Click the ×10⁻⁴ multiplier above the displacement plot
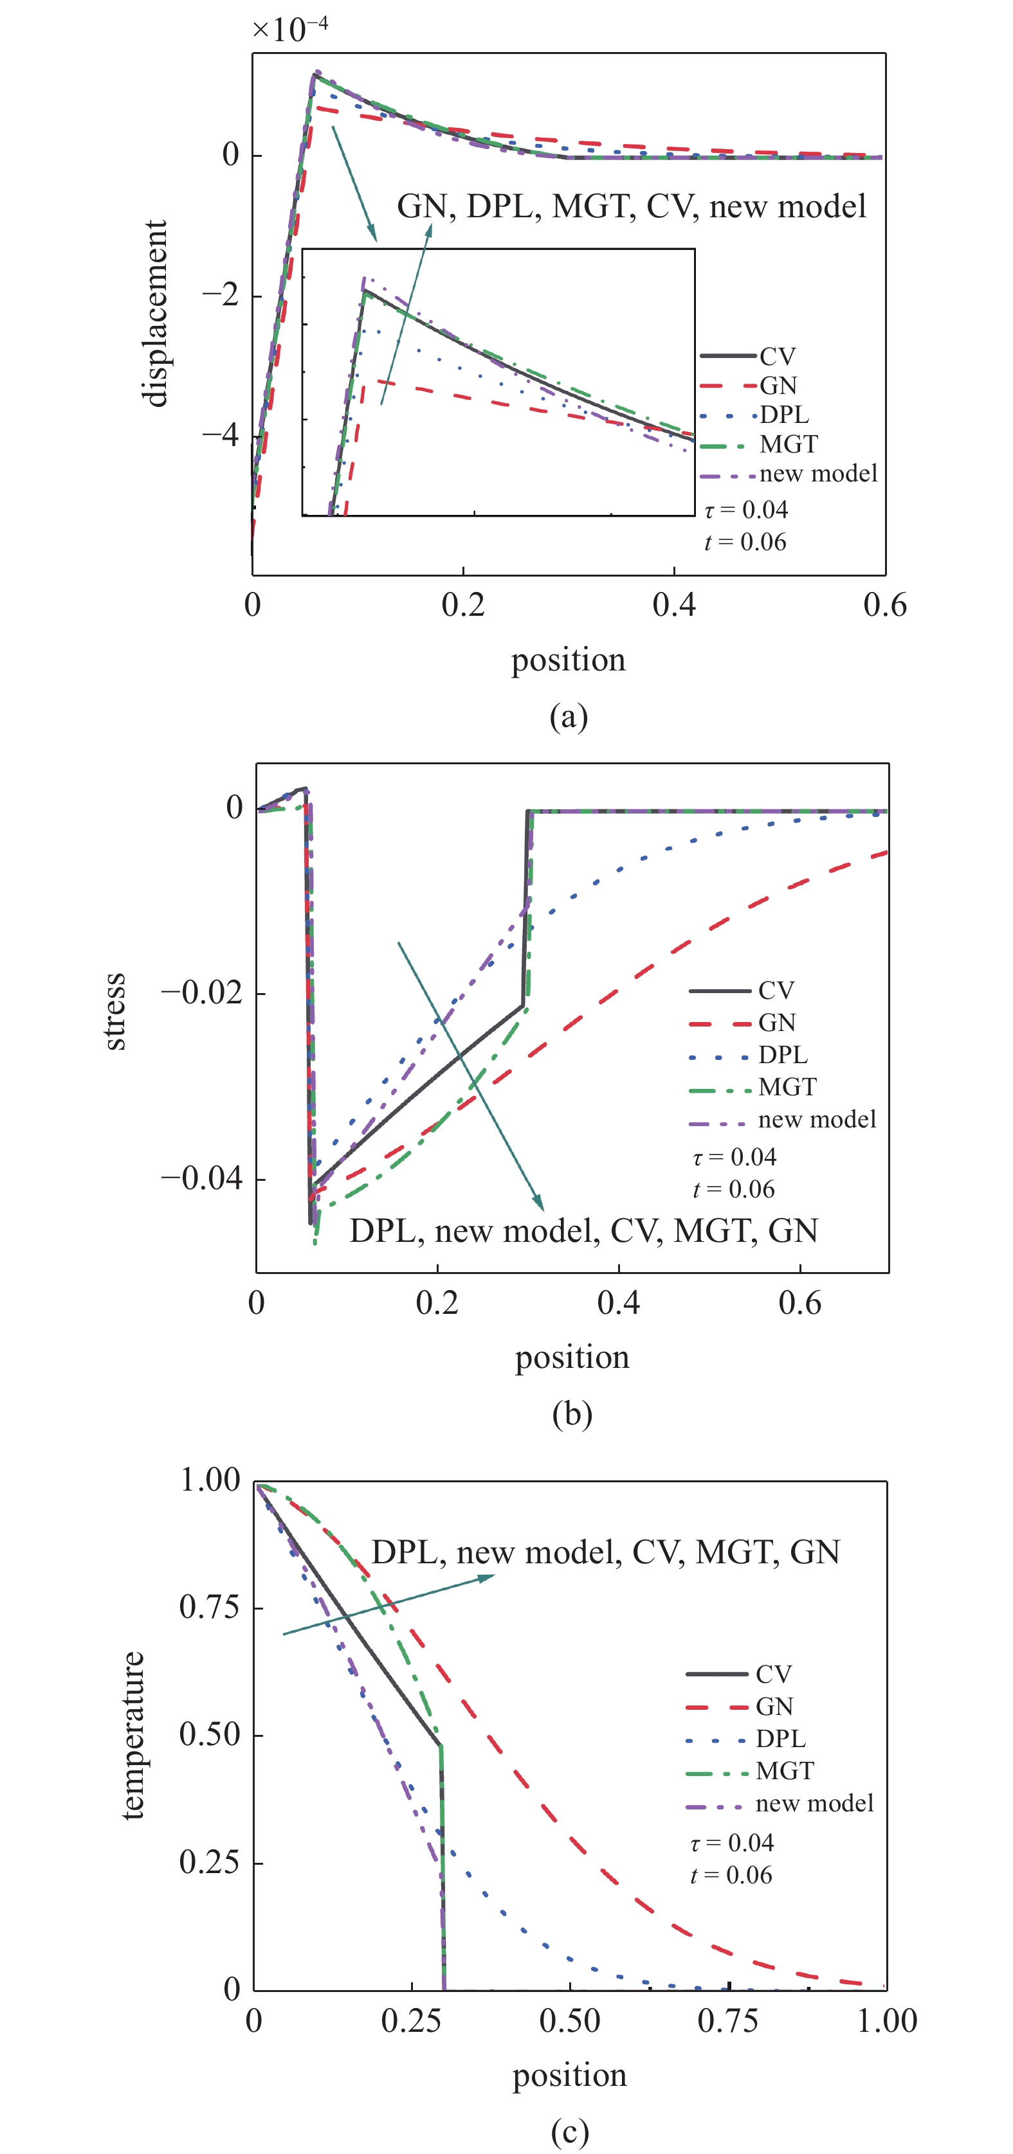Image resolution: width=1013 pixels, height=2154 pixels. pos(289,30)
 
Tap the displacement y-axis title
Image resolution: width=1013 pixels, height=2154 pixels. pos(156,314)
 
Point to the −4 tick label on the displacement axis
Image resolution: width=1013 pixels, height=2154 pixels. pos(219,436)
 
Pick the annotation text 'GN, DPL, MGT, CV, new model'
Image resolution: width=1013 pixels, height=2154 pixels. pos(632,206)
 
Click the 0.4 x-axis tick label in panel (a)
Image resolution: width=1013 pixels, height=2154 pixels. pos(674,606)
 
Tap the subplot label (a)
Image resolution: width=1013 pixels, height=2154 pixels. pos(569,717)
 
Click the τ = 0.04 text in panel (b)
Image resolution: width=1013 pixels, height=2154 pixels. pos(735,1157)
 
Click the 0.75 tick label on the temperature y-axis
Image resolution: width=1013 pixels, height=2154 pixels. pos(209,1606)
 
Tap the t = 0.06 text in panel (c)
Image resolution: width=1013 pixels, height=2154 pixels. pos(731,1876)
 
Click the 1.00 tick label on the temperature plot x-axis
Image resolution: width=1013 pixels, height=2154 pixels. pos(887,2021)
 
